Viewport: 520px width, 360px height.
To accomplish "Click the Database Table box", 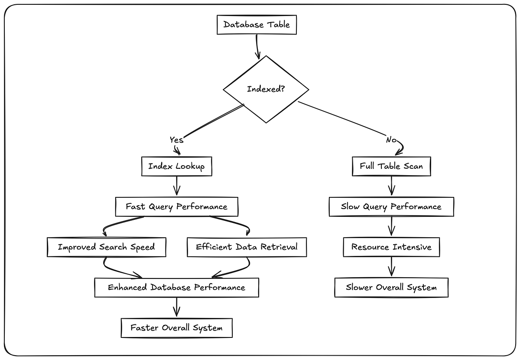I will (x=257, y=24).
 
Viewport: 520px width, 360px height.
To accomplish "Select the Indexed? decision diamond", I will (x=266, y=89).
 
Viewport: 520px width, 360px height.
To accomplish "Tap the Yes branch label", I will (x=176, y=140).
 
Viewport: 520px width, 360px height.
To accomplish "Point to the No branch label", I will (x=391, y=140).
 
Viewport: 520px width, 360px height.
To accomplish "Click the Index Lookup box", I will (x=176, y=167).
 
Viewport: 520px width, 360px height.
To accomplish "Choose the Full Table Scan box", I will (x=391, y=166).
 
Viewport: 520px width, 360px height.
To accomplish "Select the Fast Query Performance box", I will (x=176, y=206).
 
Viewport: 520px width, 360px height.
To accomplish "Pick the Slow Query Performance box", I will (x=391, y=206).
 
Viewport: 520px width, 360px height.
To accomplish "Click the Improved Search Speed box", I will (x=106, y=247).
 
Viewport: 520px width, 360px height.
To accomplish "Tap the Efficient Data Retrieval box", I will (x=247, y=247).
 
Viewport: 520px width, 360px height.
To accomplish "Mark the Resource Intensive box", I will (x=391, y=247).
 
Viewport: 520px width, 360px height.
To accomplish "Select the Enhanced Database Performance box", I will (x=176, y=288).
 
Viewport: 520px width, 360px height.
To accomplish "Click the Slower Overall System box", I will (x=391, y=288).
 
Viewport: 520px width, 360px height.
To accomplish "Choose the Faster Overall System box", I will (x=176, y=328).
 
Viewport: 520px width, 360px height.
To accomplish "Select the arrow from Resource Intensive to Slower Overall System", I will (x=392, y=267).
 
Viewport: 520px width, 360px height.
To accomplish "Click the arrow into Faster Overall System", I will (x=176, y=308).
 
